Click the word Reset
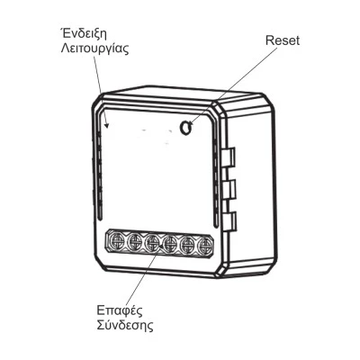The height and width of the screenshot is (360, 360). click(x=283, y=40)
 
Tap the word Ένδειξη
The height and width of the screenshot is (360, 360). click(x=83, y=34)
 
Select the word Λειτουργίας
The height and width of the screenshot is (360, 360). click(x=94, y=49)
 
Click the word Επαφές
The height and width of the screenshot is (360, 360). click(x=120, y=310)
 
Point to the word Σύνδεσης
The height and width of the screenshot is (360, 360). click(x=125, y=325)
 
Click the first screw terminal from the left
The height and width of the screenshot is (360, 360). click(x=116, y=240)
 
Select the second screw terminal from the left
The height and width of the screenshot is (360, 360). click(x=134, y=242)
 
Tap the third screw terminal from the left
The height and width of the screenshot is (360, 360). click(x=152, y=243)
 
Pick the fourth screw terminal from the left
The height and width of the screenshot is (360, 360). click(x=170, y=244)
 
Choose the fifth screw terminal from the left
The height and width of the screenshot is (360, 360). click(x=187, y=245)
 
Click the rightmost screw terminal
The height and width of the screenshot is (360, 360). click(x=204, y=246)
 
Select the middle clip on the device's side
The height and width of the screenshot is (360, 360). click(x=230, y=190)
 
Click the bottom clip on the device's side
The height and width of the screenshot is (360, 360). click(x=230, y=222)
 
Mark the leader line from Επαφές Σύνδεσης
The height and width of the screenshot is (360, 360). click(x=145, y=274)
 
